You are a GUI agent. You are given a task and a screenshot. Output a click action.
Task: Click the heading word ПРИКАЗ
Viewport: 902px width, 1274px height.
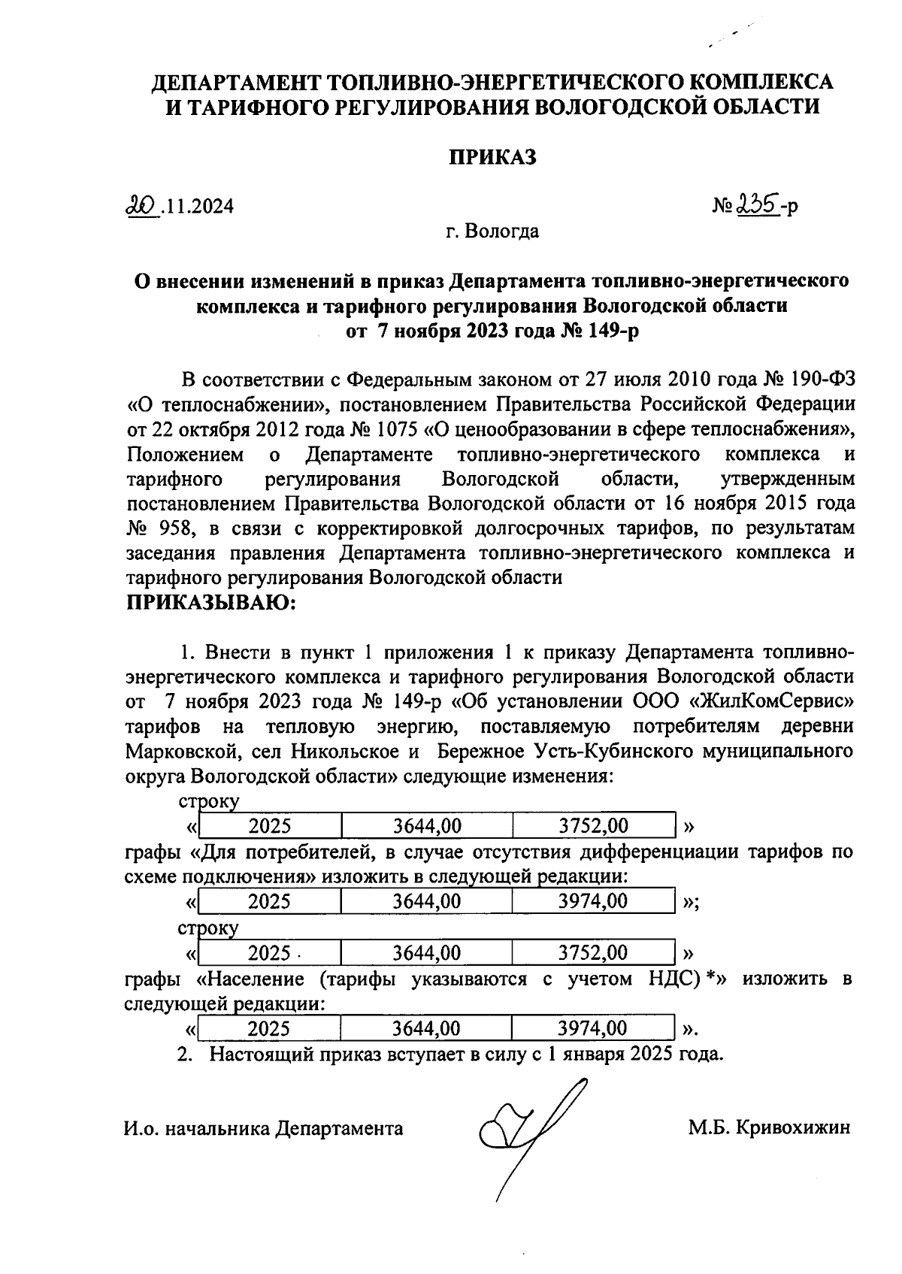click(x=492, y=158)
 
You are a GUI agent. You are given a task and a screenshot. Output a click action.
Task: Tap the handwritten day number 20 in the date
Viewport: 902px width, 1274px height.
click(x=141, y=204)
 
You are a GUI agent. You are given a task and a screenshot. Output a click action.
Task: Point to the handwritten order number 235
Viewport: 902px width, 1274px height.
click(x=755, y=204)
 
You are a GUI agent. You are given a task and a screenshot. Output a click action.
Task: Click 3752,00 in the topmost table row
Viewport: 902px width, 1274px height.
click(x=593, y=826)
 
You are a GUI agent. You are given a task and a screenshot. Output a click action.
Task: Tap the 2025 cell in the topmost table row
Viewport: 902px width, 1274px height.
click(x=270, y=826)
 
